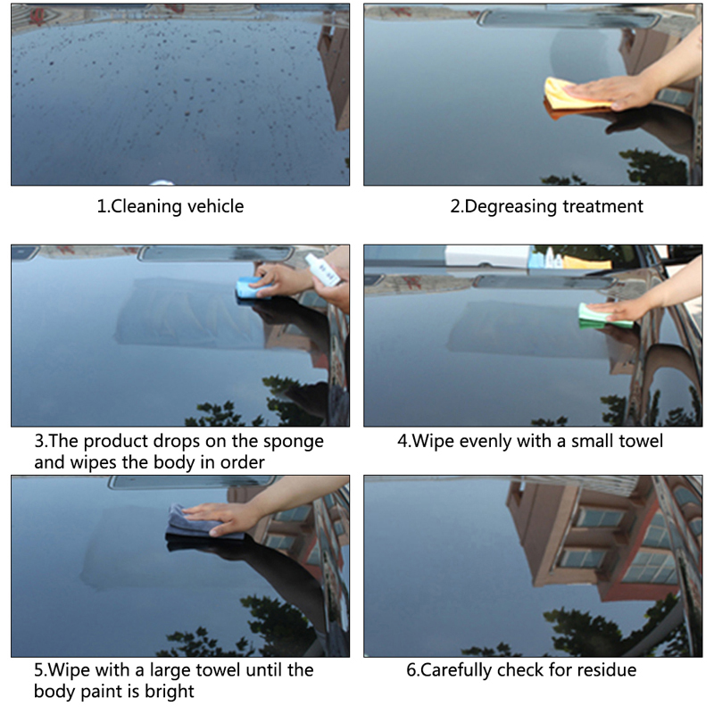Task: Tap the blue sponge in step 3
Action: tap(251, 288)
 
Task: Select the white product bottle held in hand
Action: tap(322, 270)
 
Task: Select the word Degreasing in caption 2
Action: tap(511, 207)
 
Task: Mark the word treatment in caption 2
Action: tap(603, 207)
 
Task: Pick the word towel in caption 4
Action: tap(640, 441)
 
